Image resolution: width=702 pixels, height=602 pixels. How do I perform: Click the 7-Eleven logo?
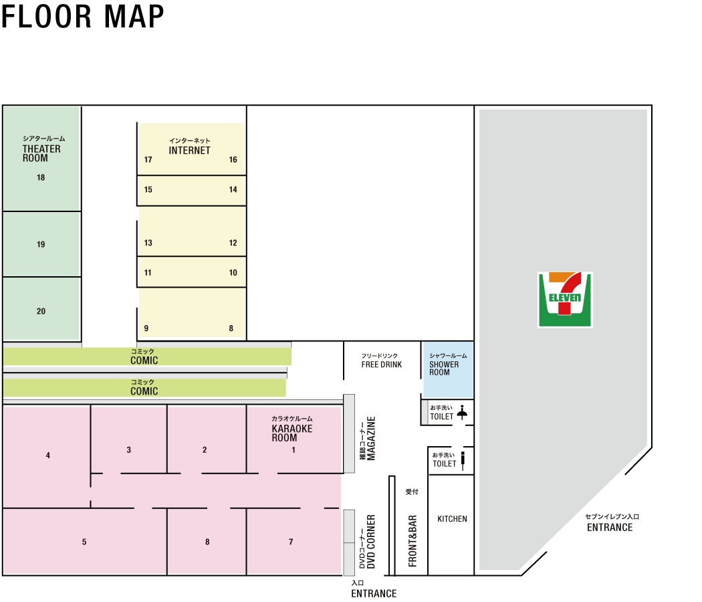[565, 300]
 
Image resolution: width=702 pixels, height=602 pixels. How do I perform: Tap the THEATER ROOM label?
[41, 153]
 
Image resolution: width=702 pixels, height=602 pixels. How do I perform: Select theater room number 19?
[41, 245]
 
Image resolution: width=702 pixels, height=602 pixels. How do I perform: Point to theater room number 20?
[41, 312]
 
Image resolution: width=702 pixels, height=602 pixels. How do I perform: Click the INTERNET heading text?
[189, 150]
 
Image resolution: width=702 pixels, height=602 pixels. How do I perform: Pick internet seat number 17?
[148, 160]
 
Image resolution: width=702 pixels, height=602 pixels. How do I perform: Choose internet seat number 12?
[233, 243]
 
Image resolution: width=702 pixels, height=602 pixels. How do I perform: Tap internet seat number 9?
[146, 328]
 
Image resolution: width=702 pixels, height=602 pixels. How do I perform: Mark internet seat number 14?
[233, 190]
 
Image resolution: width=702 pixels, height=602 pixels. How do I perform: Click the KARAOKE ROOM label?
[291, 433]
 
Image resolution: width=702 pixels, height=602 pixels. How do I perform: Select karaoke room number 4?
[48, 456]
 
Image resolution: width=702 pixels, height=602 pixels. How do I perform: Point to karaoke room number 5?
[84, 542]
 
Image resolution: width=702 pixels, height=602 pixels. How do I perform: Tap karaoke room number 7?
[291, 542]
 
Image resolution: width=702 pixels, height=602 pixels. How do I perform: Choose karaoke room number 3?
[129, 450]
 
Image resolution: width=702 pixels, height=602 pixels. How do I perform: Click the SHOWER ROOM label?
[444, 368]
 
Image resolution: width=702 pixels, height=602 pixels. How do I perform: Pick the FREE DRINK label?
[382, 365]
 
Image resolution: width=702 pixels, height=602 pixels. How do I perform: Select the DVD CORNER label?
[371, 542]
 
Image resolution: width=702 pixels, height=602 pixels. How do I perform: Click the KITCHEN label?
[452, 519]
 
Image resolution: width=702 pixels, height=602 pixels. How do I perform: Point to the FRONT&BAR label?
[413, 540]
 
